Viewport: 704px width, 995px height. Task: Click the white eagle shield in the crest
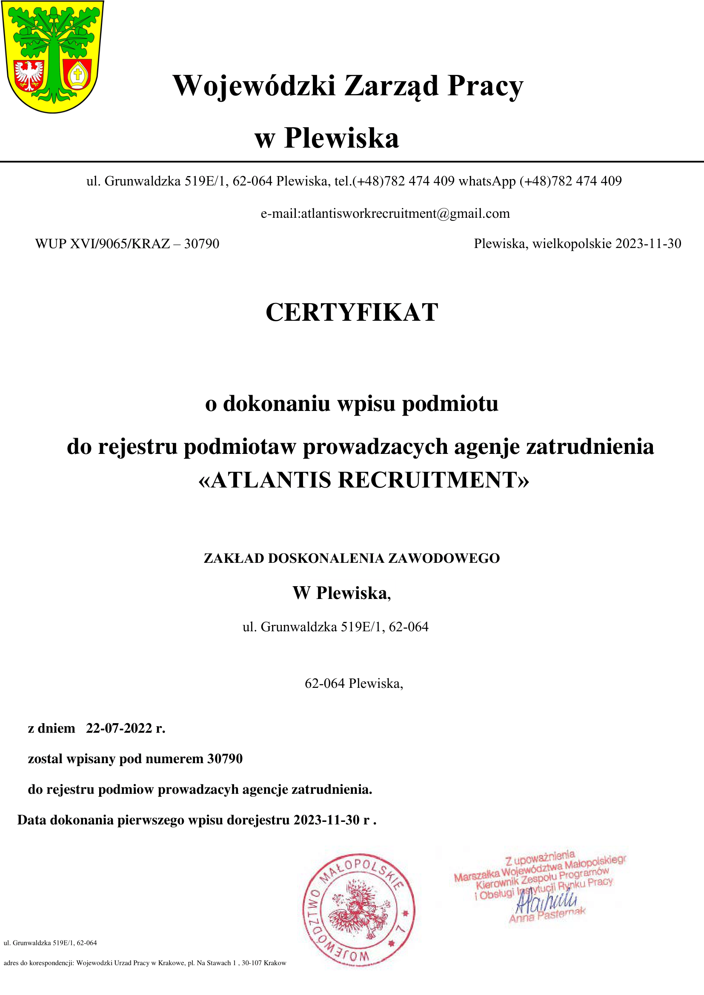[x=29, y=74]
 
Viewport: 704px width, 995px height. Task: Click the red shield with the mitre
[x=77, y=74]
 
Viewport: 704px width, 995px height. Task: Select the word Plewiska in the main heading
[x=341, y=138]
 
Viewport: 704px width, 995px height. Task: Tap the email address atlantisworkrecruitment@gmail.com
[x=405, y=214]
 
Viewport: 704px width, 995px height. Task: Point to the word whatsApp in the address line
[x=487, y=181]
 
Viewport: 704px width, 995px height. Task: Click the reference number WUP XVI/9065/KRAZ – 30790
[x=127, y=244]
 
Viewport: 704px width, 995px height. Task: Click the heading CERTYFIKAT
[x=352, y=312]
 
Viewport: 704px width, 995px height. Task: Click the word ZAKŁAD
[x=234, y=558]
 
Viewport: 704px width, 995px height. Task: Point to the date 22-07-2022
[x=119, y=728]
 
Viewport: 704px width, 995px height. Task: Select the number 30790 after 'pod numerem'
[x=225, y=758]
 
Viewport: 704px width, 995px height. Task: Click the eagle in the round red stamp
[x=358, y=909]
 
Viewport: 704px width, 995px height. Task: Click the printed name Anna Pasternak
[x=547, y=915]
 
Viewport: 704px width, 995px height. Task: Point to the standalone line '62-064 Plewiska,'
[x=354, y=684]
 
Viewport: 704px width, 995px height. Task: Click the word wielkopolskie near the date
[x=572, y=244]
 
